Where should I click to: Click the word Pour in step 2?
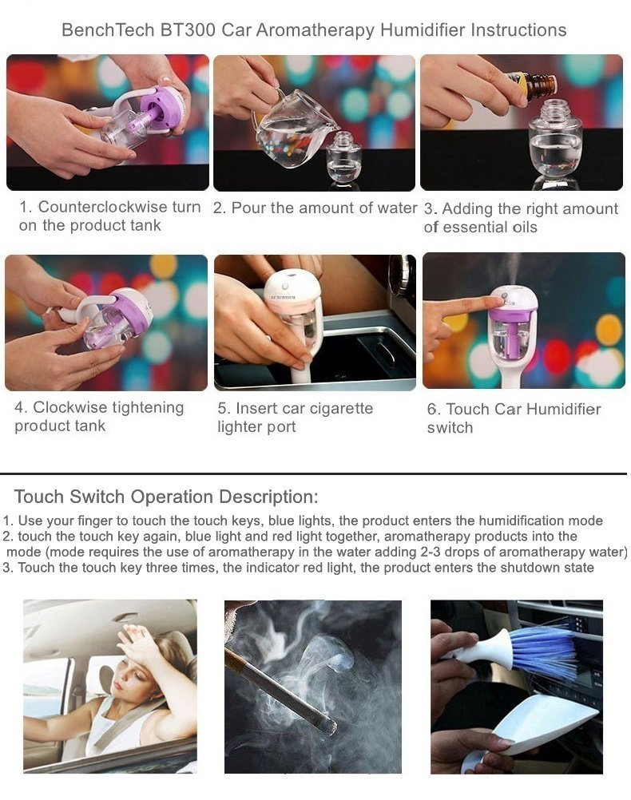point(249,208)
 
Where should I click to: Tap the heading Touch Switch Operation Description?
point(166,497)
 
